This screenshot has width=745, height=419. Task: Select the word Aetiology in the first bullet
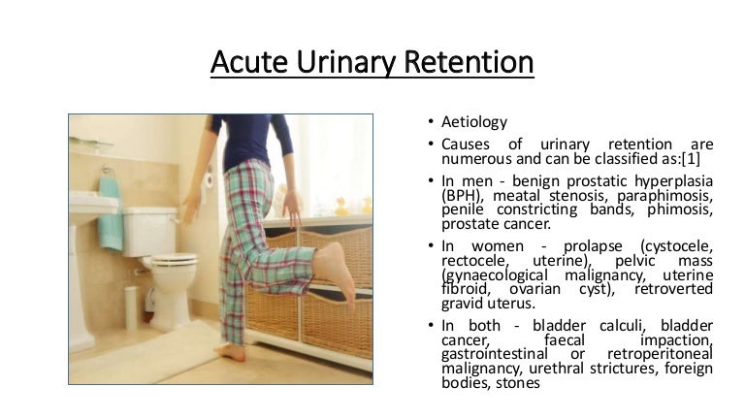(474, 123)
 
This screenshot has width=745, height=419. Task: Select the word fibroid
(464, 289)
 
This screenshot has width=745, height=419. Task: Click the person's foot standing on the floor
(232, 352)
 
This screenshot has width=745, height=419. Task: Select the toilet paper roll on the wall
(207, 177)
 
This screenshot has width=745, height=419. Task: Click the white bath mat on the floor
(146, 354)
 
